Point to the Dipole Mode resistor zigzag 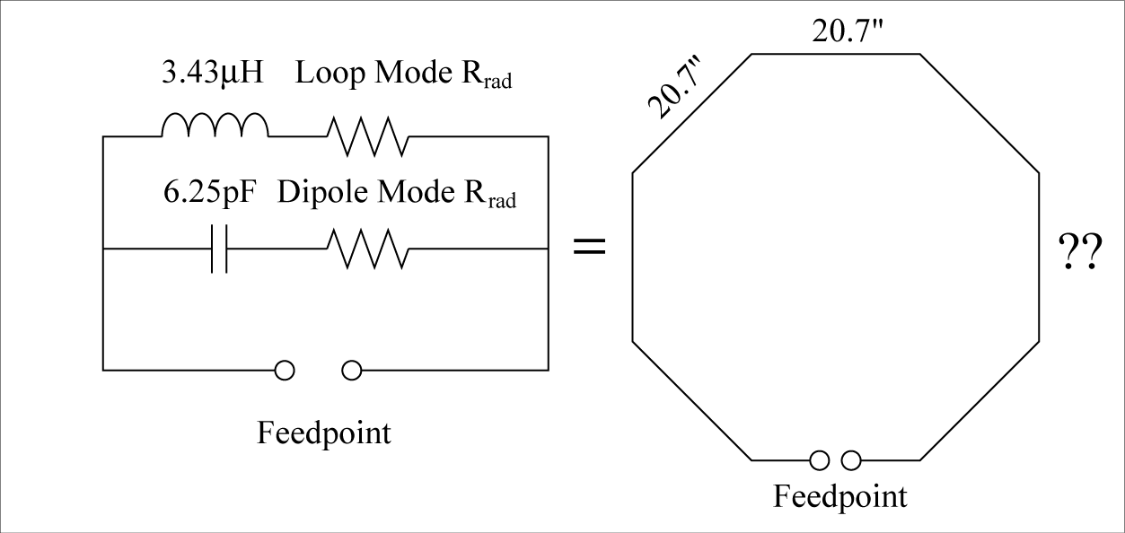367,247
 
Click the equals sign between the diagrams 589,247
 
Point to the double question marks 1080,254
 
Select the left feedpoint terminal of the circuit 285,370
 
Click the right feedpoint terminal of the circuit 352,370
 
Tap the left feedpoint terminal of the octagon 819,460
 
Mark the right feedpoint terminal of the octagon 851,460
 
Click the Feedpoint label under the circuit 324,433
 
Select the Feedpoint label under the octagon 840,496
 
